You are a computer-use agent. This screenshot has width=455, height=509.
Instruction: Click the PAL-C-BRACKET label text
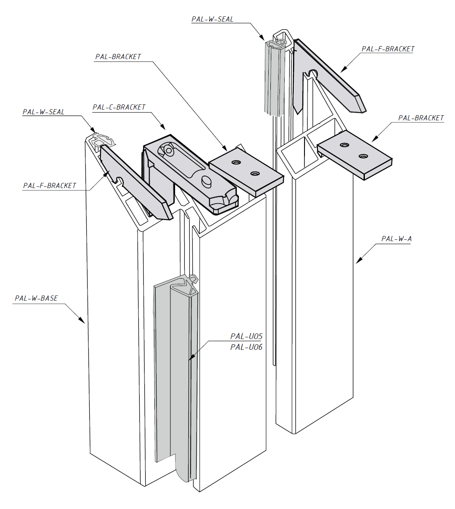[119, 107]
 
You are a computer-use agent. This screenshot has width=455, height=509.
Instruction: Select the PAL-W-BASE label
[36, 298]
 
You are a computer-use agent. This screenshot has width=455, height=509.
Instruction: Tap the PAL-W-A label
[396, 239]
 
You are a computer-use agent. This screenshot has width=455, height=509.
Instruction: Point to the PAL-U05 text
[246, 336]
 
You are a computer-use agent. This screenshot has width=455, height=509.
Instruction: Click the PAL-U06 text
[246, 347]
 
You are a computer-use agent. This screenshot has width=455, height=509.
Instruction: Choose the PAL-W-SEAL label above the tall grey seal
[213, 19]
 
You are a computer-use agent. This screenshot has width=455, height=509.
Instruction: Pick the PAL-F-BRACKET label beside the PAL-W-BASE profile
[50, 185]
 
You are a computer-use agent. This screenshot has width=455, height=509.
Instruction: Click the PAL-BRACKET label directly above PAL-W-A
[421, 118]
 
